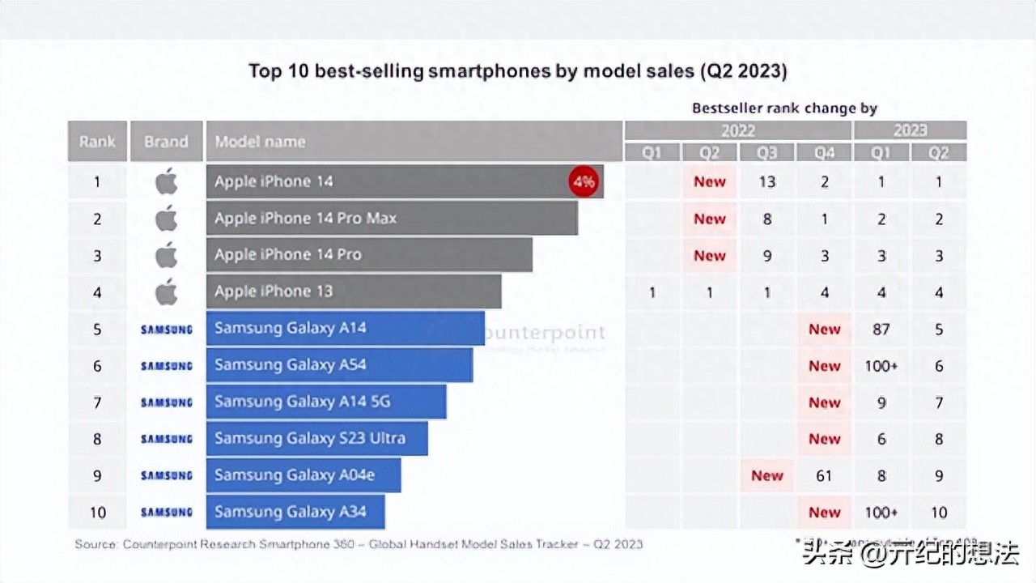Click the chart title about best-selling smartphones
pyautogui.click(x=517, y=71)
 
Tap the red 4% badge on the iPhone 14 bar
pyautogui.click(x=584, y=181)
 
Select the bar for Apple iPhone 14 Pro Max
pyautogui.click(x=392, y=218)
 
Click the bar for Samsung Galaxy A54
pyautogui.click(x=339, y=365)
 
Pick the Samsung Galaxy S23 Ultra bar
pyautogui.click(x=316, y=439)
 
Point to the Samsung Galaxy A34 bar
pyautogui.click(x=295, y=512)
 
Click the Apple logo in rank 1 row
pyautogui.click(x=166, y=181)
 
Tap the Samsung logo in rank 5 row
pyautogui.click(x=166, y=329)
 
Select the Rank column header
pyautogui.click(x=97, y=141)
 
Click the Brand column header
pyautogui.click(x=166, y=141)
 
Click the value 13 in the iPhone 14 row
pyautogui.click(x=766, y=181)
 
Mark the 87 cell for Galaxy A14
pyautogui.click(x=881, y=329)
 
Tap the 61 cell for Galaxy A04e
pyautogui.click(x=824, y=475)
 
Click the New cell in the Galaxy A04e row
pyautogui.click(x=766, y=475)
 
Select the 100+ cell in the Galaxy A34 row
pyautogui.click(x=881, y=512)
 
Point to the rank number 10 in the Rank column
pyautogui.click(x=97, y=512)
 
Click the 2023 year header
pyautogui.click(x=911, y=130)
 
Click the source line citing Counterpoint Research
pyautogui.click(x=359, y=544)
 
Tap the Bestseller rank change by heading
pyautogui.click(x=784, y=108)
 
